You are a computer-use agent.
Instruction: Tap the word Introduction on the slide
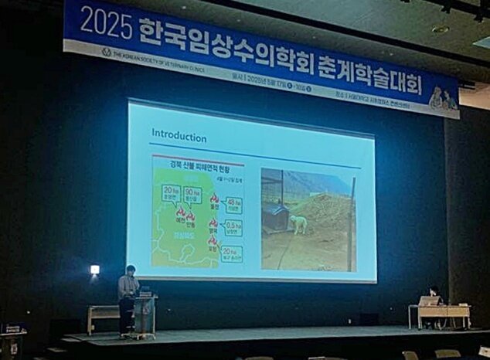pos(179,138)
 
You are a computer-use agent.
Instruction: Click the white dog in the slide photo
pos(298,224)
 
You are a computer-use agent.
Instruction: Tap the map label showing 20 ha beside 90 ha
pos(171,192)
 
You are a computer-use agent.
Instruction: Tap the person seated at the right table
pos(434,296)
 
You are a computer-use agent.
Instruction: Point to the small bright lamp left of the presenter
pos(94,270)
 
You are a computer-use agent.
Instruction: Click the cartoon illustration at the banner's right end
pos(444,98)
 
